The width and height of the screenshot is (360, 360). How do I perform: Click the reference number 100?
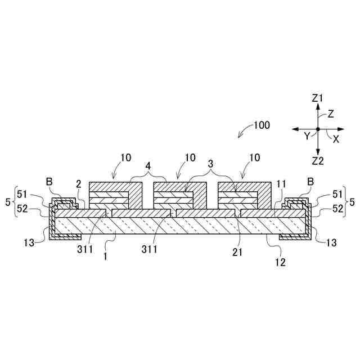tap(262, 124)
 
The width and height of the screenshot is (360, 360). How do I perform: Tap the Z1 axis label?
tap(318, 98)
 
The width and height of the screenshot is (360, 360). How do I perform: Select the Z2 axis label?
tap(318, 161)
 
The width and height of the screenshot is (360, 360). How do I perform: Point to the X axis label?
tap(336, 139)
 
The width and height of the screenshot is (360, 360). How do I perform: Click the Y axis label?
tap(307, 136)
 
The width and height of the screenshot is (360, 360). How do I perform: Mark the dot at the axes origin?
tap(318, 129)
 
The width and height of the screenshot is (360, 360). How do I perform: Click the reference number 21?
tap(237, 253)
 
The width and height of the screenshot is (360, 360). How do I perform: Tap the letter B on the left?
tap(49, 182)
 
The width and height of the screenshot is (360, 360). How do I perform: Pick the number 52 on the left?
tap(23, 208)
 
